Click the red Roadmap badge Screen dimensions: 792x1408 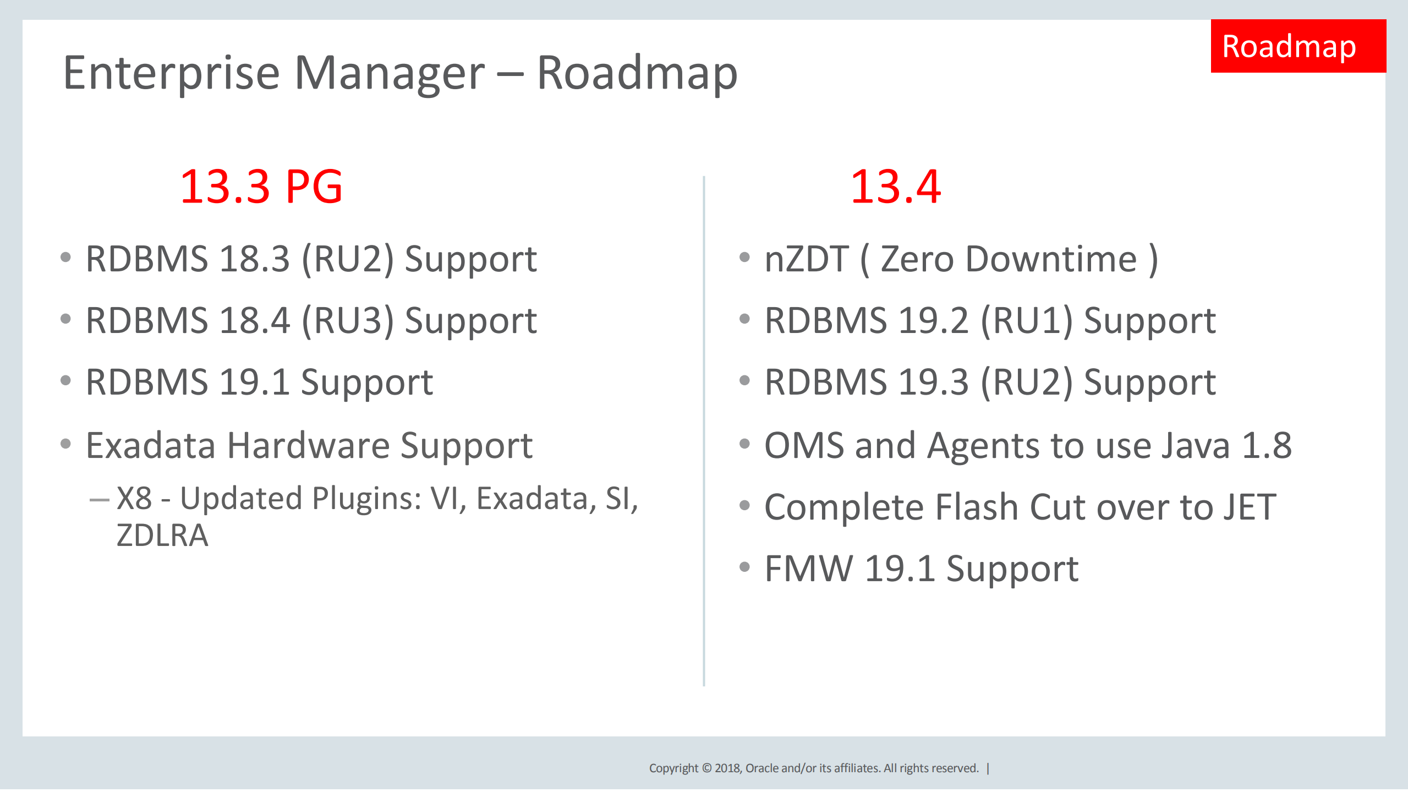(x=1297, y=46)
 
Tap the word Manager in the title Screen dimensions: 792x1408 (x=390, y=74)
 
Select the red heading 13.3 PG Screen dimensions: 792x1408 (x=261, y=187)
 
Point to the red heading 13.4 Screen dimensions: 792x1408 (x=895, y=187)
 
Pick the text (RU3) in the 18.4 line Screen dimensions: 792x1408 (x=348, y=321)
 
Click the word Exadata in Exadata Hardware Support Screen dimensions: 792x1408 (x=150, y=445)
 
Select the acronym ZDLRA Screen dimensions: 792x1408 (x=162, y=536)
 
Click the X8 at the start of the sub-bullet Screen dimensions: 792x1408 (x=134, y=499)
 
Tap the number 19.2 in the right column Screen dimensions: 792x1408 (x=933, y=321)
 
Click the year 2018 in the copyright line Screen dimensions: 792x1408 (x=728, y=768)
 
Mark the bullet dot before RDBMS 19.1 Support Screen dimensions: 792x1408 (x=66, y=380)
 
